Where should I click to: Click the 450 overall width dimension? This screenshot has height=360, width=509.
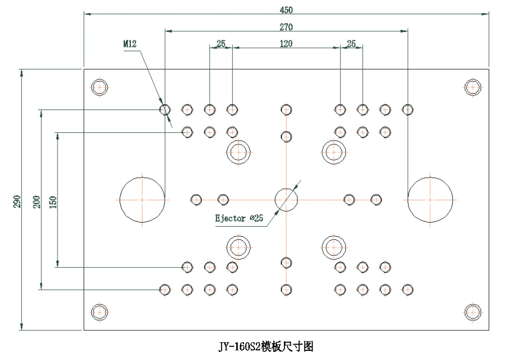[x=286, y=10]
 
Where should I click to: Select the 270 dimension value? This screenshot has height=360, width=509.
[x=286, y=26]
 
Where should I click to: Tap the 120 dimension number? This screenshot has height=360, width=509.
[x=286, y=44]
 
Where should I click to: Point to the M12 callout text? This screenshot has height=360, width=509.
[x=130, y=44]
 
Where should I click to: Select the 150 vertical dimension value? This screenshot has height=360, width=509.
[x=53, y=202]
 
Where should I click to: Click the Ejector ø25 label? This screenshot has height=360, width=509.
[x=238, y=219]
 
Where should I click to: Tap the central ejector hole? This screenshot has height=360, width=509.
[x=286, y=199]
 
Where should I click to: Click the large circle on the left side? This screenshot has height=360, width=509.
[x=142, y=200]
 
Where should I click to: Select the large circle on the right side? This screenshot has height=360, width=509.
[x=430, y=200]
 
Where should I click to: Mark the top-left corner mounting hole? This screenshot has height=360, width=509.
[x=100, y=87]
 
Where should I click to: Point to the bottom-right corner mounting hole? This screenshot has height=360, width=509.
[x=473, y=312]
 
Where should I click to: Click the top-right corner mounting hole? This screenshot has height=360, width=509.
[x=473, y=87]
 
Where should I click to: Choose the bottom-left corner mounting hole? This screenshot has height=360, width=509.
[x=100, y=312]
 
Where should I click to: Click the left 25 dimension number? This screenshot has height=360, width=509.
[x=221, y=44]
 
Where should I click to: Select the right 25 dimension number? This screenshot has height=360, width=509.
[x=351, y=44]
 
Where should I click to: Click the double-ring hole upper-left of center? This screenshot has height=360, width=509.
[x=238, y=151]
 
